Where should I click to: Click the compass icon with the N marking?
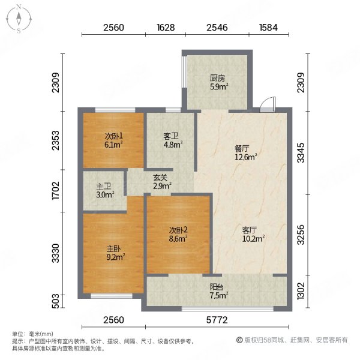click(19, 19)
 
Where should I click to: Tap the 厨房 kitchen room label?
click(217, 77)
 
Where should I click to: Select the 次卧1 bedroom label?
click(113, 136)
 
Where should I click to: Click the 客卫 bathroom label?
click(172, 136)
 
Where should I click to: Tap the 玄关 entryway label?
click(160, 177)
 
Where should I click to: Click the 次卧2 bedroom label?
click(177, 230)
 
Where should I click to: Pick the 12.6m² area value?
click(246, 158)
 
